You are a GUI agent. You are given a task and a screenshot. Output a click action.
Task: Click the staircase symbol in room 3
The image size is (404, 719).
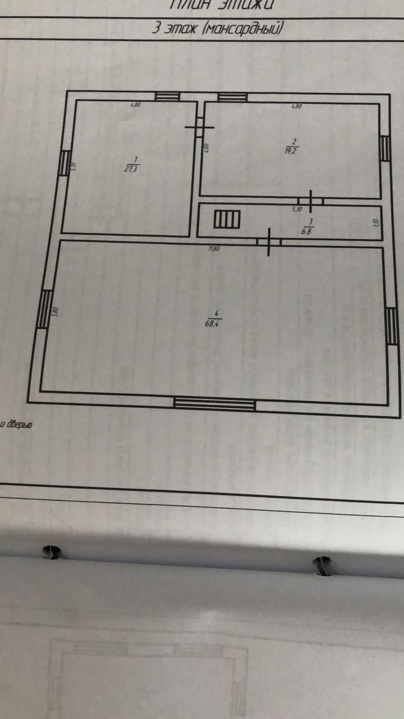click(x=227, y=218)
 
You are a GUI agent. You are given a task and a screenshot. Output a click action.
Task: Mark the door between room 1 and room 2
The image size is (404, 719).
click(x=199, y=128)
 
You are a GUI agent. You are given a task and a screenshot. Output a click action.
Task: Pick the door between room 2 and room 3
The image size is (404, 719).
click(x=310, y=201)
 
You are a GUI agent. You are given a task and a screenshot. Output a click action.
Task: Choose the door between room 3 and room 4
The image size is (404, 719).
click(x=269, y=242)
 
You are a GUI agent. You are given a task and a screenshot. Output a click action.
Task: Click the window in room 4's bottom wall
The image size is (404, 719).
click(x=214, y=403)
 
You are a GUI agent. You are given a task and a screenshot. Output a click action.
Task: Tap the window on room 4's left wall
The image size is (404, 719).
click(x=44, y=308)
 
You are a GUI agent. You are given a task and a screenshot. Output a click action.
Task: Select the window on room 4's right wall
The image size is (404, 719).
click(x=392, y=326)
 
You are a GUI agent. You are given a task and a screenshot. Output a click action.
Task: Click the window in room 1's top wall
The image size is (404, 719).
click(x=167, y=97)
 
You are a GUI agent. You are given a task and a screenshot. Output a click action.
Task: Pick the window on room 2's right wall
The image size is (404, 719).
click(x=384, y=148)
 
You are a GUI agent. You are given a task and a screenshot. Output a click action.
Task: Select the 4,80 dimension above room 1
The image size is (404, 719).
click(x=135, y=104)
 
